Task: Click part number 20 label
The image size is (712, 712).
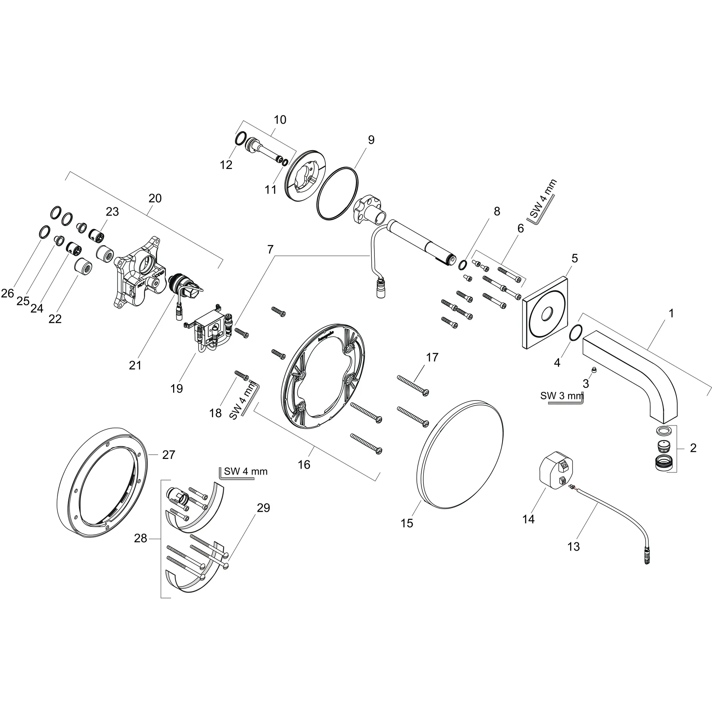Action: click(x=155, y=198)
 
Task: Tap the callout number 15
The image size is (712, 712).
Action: click(x=407, y=523)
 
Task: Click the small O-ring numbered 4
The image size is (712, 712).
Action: click(x=575, y=333)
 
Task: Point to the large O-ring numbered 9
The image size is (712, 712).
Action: click(x=338, y=194)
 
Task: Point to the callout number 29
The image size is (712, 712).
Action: click(x=263, y=508)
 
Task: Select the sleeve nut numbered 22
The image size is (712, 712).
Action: click(x=83, y=265)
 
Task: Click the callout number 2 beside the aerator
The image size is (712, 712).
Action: click(x=693, y=448)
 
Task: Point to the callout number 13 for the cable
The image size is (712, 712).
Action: click(x=573, y=547)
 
